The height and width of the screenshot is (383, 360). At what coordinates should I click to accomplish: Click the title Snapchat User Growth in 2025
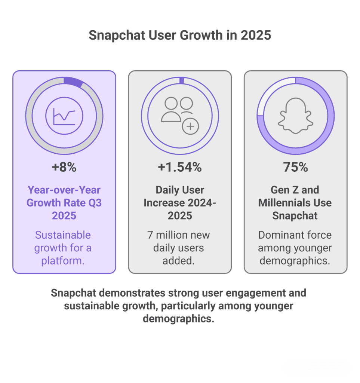(x=180, y=36)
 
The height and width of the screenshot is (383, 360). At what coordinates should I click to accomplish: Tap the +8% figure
(x=64, y=167)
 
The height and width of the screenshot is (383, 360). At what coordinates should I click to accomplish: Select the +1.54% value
(x=180, y=167)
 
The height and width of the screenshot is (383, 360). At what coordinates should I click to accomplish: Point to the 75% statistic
(x=295, y=167)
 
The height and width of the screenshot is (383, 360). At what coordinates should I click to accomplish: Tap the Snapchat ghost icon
(x=295, y=116)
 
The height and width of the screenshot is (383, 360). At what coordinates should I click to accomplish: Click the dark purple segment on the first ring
(x=73, y=82)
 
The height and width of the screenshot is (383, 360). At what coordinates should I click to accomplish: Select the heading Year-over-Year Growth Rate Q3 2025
(x=64, y=202)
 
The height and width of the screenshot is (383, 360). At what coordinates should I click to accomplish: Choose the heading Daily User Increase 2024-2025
(x=180, y=202)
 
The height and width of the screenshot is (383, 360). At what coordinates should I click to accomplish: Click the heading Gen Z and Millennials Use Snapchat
(x=295, y=202)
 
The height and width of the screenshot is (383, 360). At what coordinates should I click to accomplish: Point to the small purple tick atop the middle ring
(x=182, y=80)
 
